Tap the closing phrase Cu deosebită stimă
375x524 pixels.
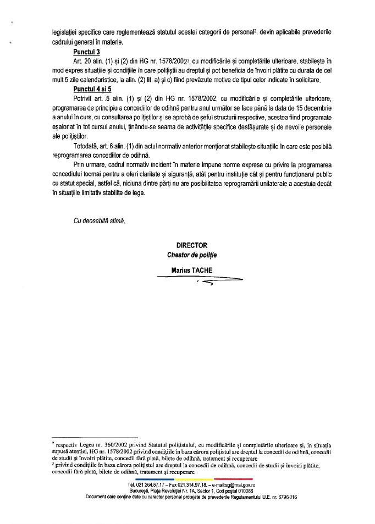pyautogui.click(x=100, y=220)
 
